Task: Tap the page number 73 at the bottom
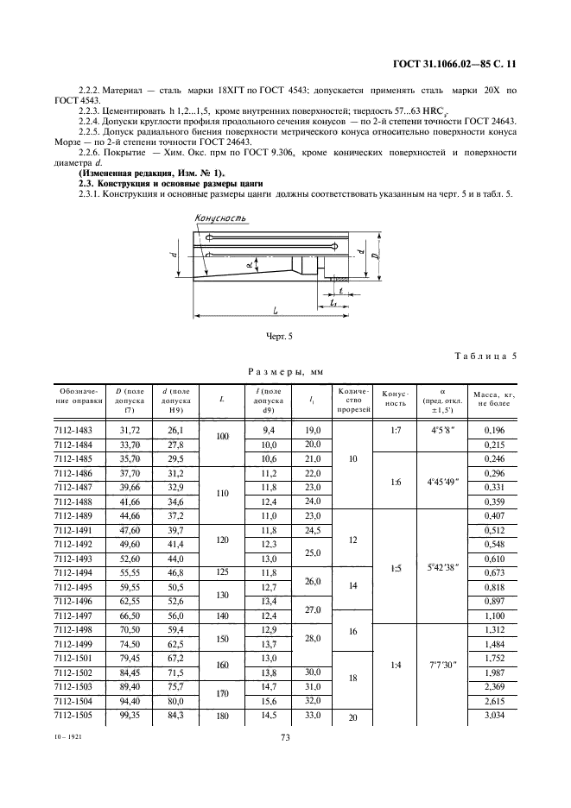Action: [x=284, y=737]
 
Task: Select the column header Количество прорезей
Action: [x=350, y=398]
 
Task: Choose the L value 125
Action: [x=222, y=571]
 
